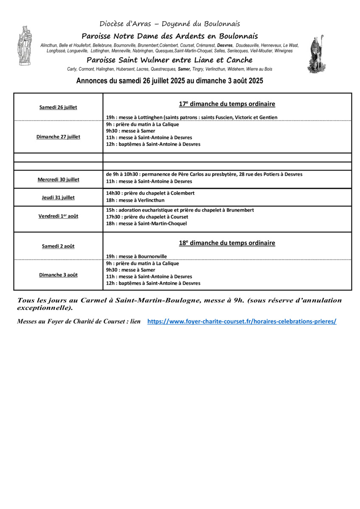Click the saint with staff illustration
(317, 54)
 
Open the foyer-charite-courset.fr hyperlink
(242, 322)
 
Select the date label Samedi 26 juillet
(58, 107)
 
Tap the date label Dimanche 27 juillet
(58, 137)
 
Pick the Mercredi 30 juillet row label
(58, 179)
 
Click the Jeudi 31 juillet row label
(58, 197)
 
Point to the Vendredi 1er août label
(58, 216)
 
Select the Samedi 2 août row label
(58, 246)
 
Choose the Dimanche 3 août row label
(58, 275)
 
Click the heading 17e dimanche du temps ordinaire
(227, 104)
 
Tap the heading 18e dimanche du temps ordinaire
(227, 243)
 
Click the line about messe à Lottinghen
(191, 117)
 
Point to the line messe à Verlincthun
(135, 200)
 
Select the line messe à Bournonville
(136, 256)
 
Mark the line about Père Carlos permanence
(204, 174)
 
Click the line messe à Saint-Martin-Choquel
(146, 224)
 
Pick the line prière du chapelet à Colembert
(150, 193)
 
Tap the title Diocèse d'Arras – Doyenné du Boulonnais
(170, 24)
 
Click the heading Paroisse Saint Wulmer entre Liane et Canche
(169, 60)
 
